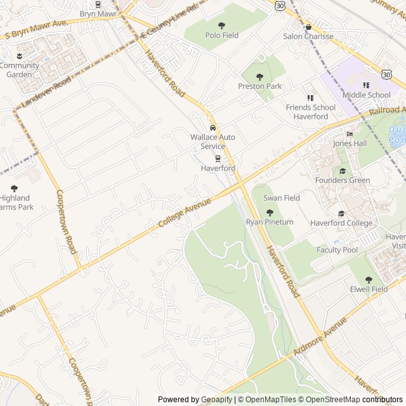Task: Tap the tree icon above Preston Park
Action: point(260,77)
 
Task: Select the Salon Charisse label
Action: point(308,37)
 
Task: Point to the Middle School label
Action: point(367,95)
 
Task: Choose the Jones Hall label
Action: point(350,143)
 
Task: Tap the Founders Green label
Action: point(343,180)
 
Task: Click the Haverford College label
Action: point(341,223)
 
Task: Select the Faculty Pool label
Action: point(337,250)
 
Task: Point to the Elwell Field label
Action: point(369,289)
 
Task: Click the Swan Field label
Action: point(283,199)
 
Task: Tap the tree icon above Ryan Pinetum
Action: point(270,213)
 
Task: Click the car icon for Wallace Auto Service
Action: point(213,128)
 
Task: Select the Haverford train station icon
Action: point(218,159)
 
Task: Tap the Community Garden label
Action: point(19,70)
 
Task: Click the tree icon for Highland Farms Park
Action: point(15,188)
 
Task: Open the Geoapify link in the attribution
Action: point(217,400)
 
